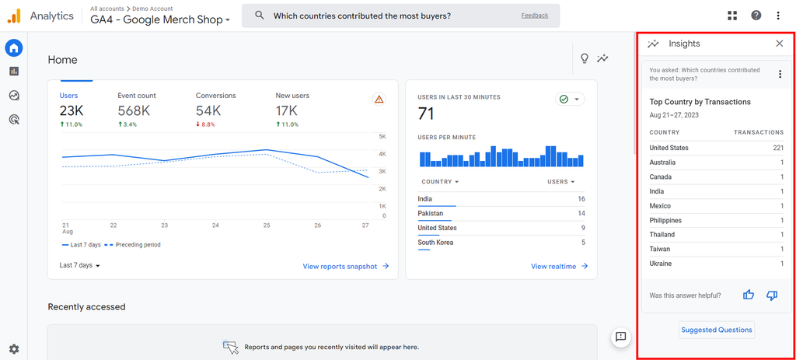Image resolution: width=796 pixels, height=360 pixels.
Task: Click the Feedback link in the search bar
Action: [x=534, y=16]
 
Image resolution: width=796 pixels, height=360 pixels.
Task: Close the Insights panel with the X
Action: [x=780, y=44]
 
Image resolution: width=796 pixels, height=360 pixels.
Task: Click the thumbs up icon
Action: [x=749, y=295]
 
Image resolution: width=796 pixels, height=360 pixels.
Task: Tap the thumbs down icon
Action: [x=772, y=295]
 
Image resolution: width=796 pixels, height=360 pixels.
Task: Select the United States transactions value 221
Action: [x=778, y=148]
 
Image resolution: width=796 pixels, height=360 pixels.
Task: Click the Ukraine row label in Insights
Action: [x=661, y=264]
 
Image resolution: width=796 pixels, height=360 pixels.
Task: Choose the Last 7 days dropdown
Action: [x=80, y=265]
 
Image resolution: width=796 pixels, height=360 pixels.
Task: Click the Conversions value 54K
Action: [x=208, y=111]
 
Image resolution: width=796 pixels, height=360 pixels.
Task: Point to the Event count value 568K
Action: [x=134, y=111]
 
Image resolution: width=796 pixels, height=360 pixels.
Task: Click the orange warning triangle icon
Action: [x=379, y=100]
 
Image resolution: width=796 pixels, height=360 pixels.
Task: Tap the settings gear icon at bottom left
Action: [x=14, y=349]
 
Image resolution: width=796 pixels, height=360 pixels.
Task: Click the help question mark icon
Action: [x=756, y=16]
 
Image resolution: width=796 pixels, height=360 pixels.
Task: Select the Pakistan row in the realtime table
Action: [x=431, y=213]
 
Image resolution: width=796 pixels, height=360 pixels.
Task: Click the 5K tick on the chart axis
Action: [x=382, y=137]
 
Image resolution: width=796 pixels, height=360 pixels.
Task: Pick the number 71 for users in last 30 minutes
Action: [x=425, y=114]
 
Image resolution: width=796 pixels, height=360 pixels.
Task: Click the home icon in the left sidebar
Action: [x=14, y=48]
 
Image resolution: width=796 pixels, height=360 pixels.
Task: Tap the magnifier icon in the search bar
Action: [x=260, y=16]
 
